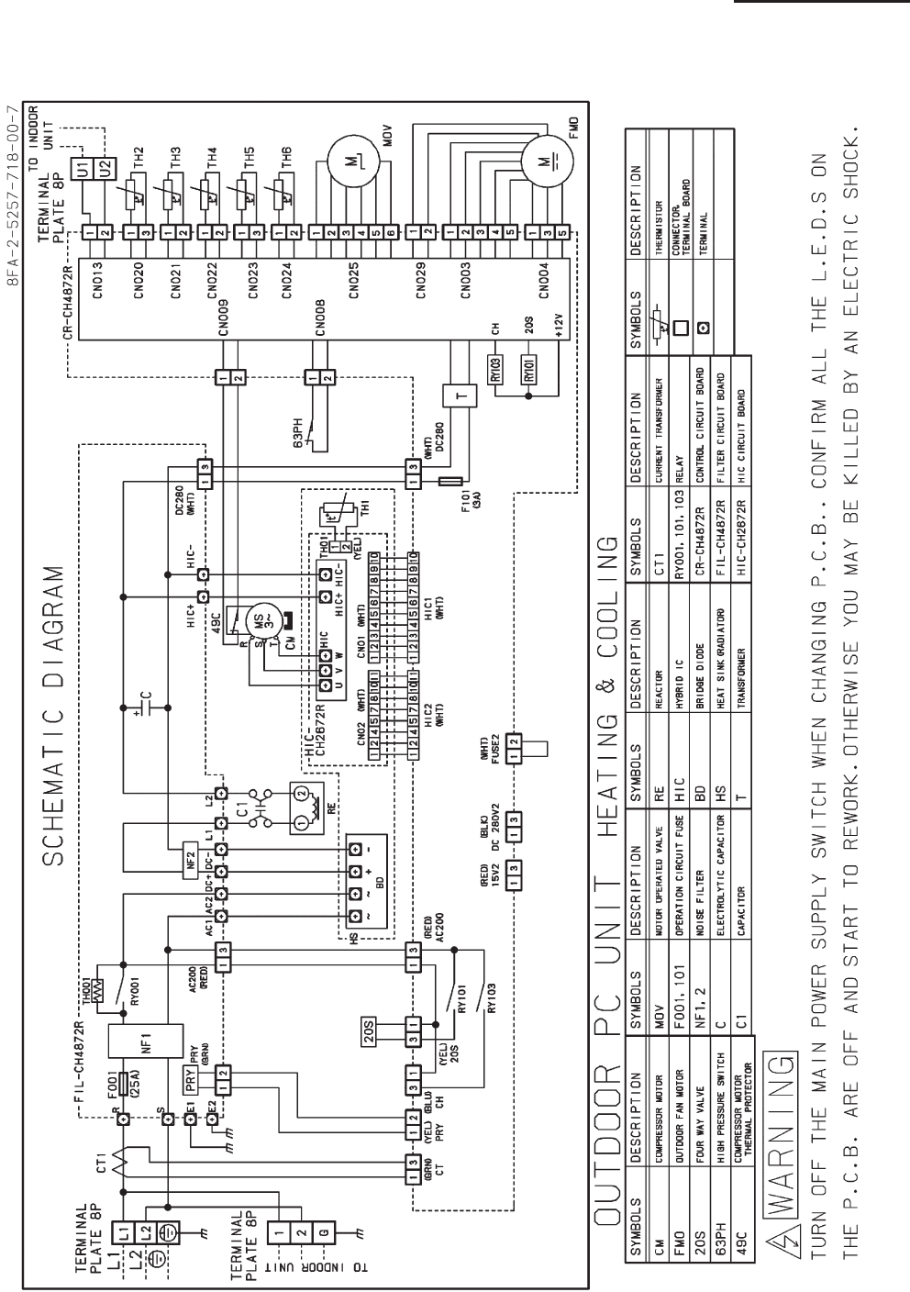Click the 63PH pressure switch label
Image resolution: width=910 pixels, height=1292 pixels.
[x=298, y=429]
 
